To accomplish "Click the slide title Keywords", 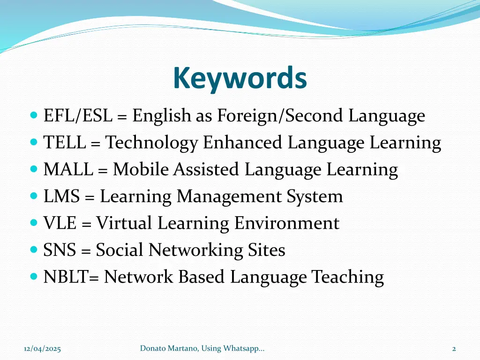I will pos(240,78).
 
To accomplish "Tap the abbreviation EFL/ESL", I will pos(78,116).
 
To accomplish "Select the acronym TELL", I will pos(64,143).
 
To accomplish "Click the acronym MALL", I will pos(68,170).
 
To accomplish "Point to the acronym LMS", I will pos(62,196).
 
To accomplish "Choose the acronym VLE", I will pos(60,223).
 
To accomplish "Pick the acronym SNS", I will pos(60,250).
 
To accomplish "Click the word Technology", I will pos(151,143).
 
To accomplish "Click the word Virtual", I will pos(124,223).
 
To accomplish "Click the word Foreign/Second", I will pos(280,116).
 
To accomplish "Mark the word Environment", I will pos(286,223).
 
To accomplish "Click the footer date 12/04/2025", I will pos(42,348).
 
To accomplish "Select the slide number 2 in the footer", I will pos(454,348).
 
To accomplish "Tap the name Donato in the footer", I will pos(151,348).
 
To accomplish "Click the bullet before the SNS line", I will pos(33,250).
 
